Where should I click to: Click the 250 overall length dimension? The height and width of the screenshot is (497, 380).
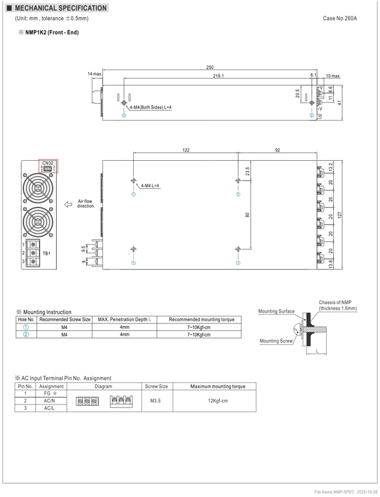(210, 67)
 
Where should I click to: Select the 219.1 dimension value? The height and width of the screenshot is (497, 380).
(219, 76)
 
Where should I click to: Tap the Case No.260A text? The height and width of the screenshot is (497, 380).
(340, 18)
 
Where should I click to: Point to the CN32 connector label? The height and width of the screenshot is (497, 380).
(48, 163)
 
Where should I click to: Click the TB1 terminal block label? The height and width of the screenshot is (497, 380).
(46, 253)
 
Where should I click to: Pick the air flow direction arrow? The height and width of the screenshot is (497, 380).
(68, 205)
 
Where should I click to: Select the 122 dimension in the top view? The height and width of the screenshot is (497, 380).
(186, 150)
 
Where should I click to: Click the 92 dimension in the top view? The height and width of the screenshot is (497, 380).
(278, 150)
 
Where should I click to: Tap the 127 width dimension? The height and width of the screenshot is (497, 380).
(340, 215)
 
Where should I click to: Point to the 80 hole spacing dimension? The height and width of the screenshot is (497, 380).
(247, 215)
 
